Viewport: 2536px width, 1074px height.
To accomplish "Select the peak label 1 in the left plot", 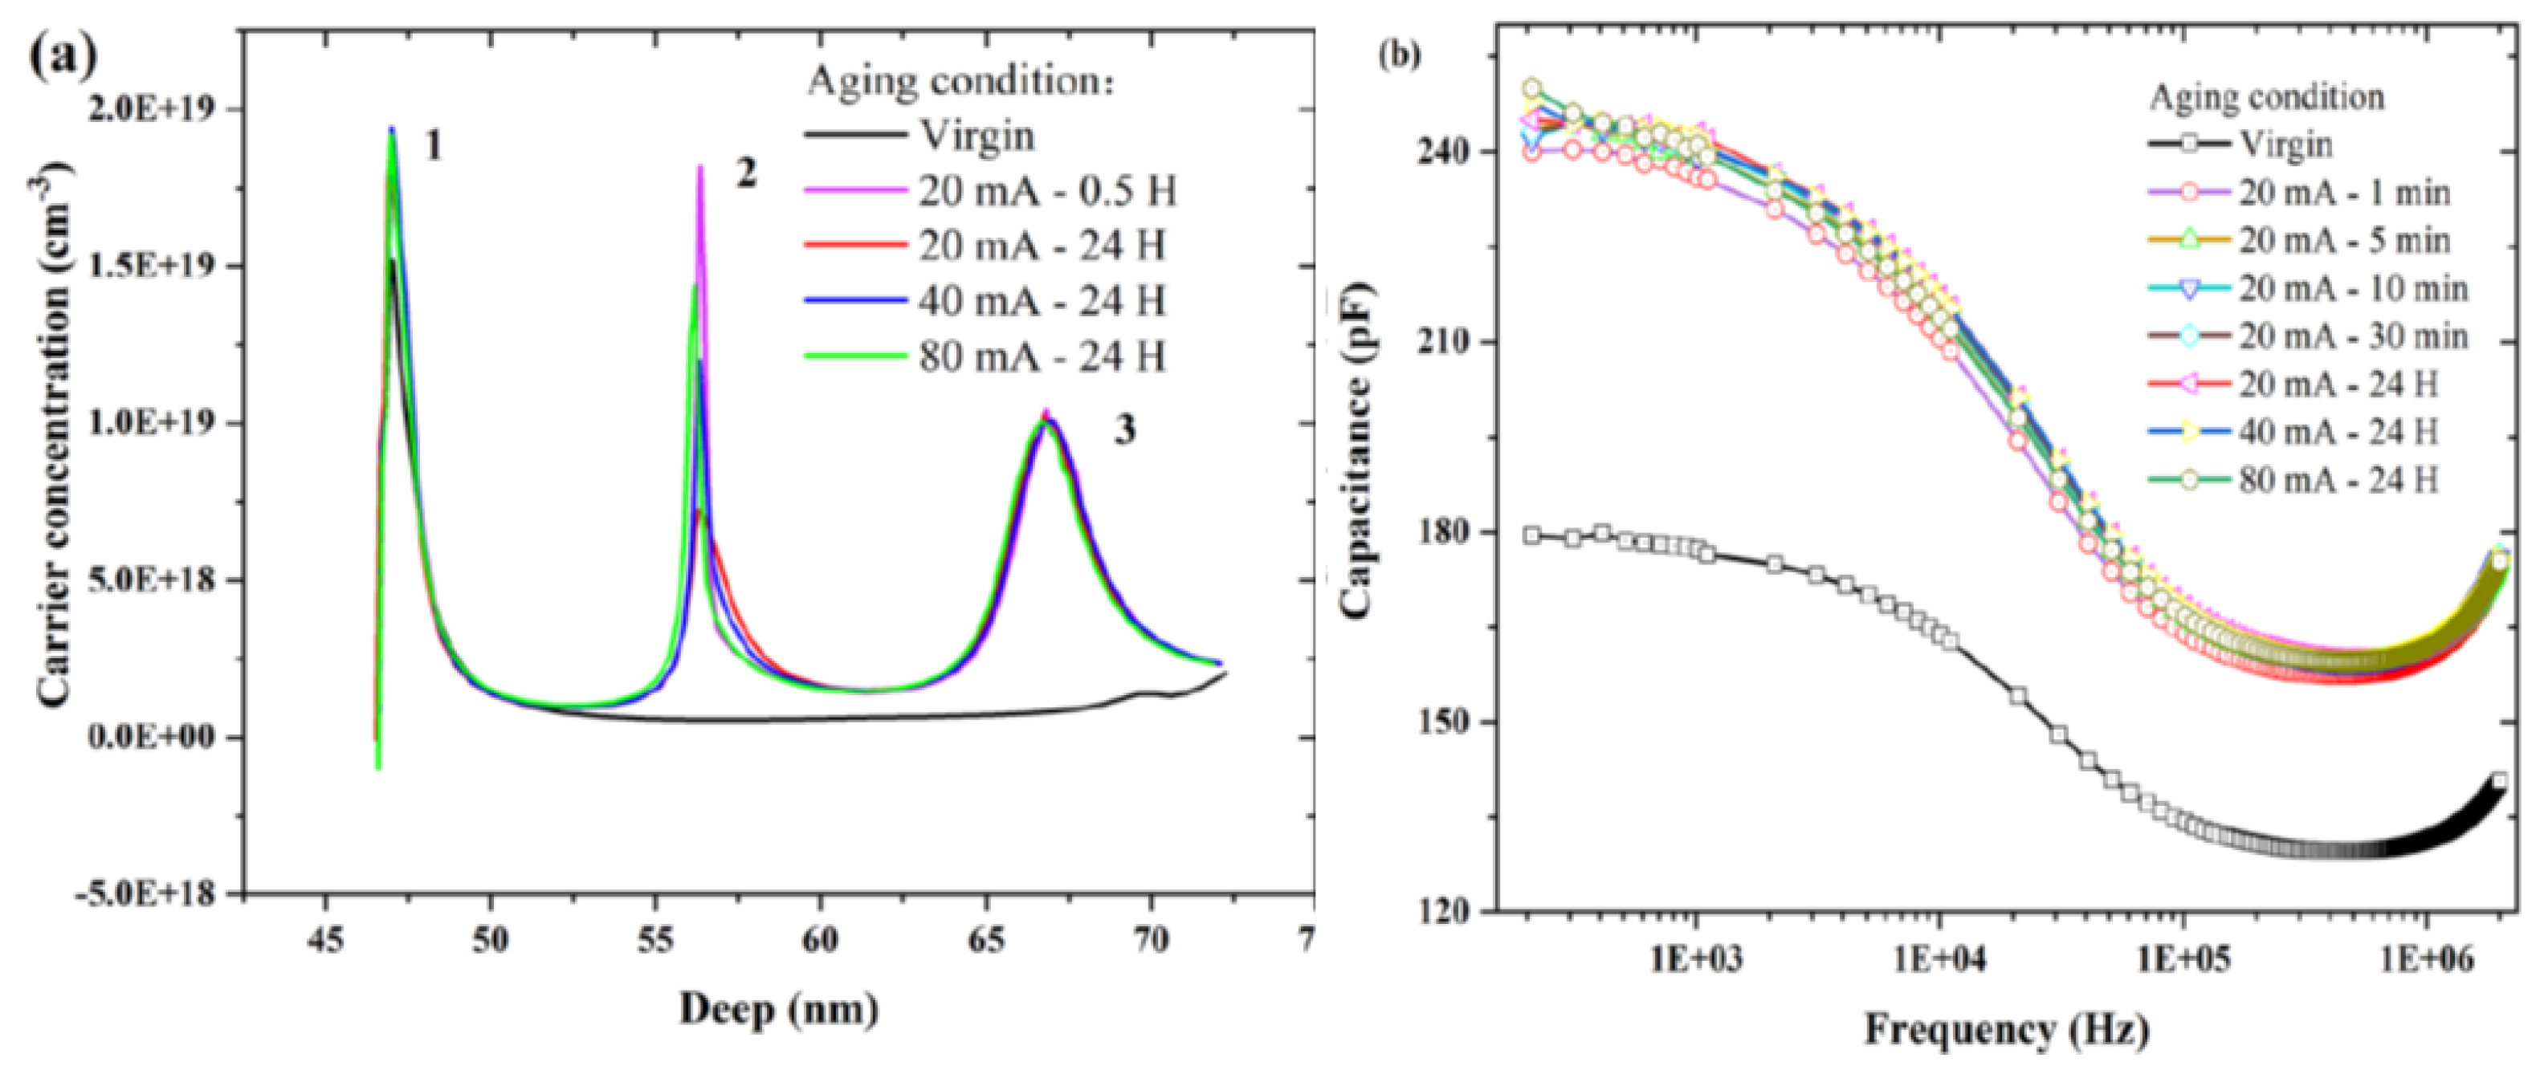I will click(432, 148).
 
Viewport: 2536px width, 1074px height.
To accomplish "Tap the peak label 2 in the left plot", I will click(745, 175).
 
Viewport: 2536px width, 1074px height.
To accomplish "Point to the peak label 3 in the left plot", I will click(1124, 430).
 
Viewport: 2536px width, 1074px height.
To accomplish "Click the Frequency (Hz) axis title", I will click(2006, 1031).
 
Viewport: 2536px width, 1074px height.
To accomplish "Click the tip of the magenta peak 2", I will click(700, 165).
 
